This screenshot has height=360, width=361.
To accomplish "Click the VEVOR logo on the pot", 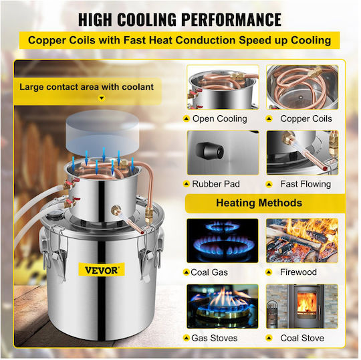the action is [102, 270].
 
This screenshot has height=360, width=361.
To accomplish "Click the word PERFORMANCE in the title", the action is [231, 19].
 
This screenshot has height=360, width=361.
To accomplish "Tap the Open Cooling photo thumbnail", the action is [223, 87].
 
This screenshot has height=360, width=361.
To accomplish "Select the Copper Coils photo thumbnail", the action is [302, 87].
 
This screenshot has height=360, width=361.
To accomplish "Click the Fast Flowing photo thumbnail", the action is [302, 153].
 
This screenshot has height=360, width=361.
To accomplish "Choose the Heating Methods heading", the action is [259, 203].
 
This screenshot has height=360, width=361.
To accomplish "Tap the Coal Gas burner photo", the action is [223, 241].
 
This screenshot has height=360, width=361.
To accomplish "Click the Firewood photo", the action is [302, 241].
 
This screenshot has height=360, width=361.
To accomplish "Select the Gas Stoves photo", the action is [223, 306].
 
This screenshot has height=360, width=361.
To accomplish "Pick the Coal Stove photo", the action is [302, 306].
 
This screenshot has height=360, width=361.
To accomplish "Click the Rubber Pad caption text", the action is [216, 184].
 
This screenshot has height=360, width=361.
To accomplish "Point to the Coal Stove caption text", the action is [302, 338].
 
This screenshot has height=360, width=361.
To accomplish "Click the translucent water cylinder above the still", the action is [102, 132].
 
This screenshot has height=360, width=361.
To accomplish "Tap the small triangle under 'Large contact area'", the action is [102, 98].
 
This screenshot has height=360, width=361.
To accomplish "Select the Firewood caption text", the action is [298, 272].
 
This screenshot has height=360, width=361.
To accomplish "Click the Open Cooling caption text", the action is [220, 119].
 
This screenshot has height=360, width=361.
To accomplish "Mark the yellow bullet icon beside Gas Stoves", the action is [186, 339].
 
